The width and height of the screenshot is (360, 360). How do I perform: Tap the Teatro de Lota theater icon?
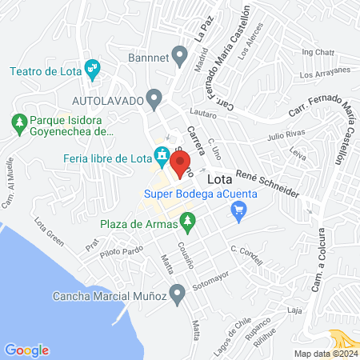click(x=94, y=70)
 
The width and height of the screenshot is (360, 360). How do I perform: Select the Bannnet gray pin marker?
click(x=179, y=58)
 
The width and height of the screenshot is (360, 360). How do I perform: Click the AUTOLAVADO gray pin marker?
click(x=154, y=100)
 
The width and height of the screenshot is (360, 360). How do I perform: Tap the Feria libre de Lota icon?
click(x=162, y=155)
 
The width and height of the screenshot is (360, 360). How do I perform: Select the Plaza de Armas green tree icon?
click(x=187, y=219)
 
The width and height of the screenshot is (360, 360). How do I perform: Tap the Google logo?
click(x=27, y=350)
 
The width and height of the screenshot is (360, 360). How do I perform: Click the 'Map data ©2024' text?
click(x=324, y=353)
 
